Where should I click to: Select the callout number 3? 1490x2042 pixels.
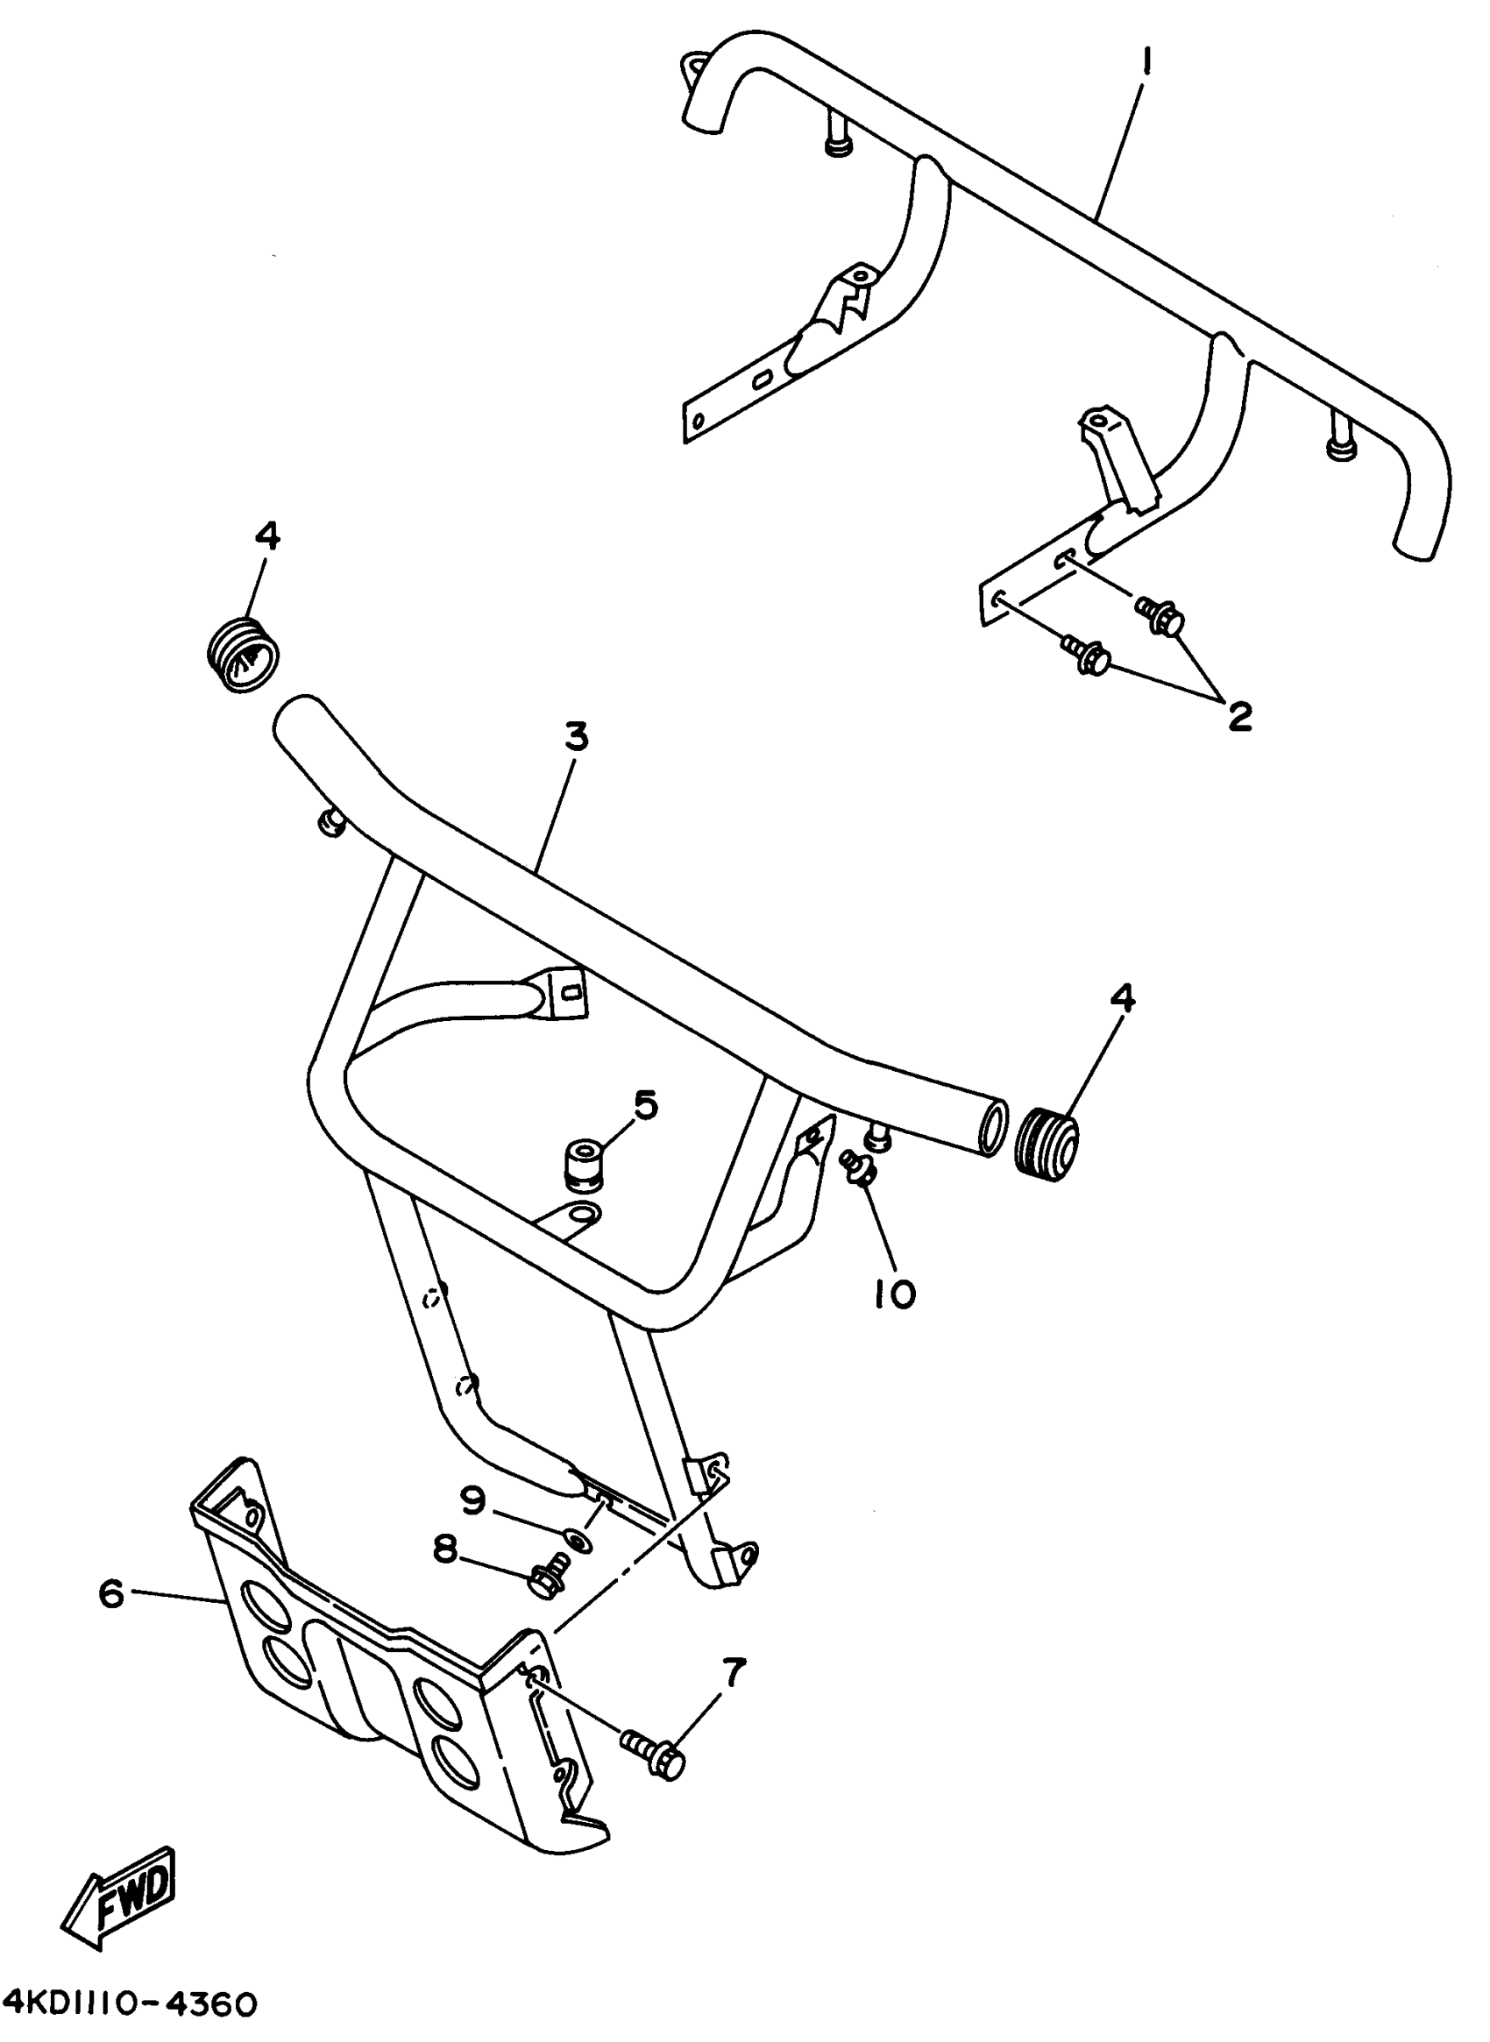pos(576,737)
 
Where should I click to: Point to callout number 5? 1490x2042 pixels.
pos(646,1103)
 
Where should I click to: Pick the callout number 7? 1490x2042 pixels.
pos(734,1674)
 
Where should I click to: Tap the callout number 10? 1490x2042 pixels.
pos(895,1294)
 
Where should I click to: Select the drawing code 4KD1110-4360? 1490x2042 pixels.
pos(129,2004)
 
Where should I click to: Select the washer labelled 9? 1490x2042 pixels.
pos(575,1538)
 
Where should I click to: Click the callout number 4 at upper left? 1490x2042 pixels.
pos(267,536)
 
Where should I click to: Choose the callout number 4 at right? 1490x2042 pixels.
pos(1122,998)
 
